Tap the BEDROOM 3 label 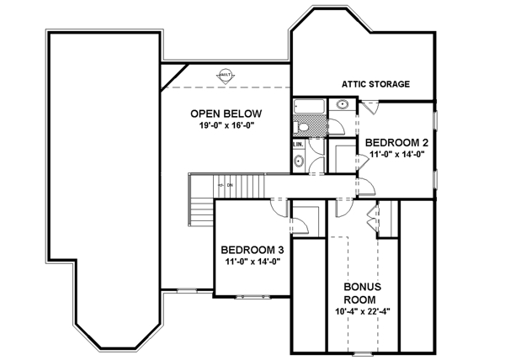pos(257,250)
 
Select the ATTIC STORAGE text pos(375,84)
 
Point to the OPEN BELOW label pos(226,114)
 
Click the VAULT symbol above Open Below pos(226,76)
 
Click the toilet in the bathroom pos(301,127)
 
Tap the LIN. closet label pos(298,145)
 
